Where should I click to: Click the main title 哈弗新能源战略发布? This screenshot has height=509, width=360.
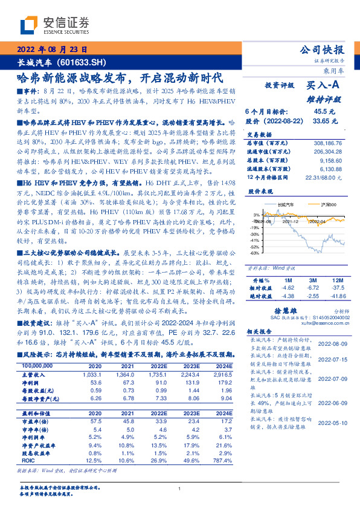coord(71,78)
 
